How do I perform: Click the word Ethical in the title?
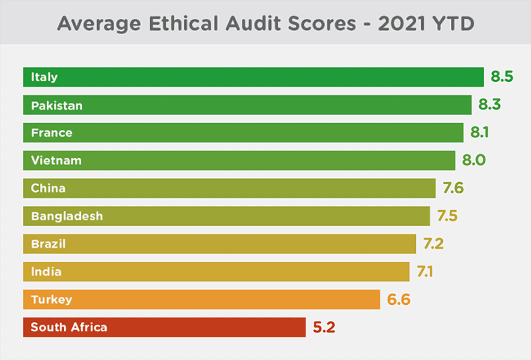(x=184, y=24)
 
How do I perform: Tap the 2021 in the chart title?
(x=402, y=24)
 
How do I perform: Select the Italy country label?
(x=45, y=77)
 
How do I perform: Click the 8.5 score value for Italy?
(x=502, y=76)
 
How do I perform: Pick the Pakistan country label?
(x=57, y=105)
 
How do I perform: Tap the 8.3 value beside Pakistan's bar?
(x=490, y=104)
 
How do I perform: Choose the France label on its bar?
(x=52, y=133)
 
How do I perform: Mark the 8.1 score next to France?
(x=479, y=132)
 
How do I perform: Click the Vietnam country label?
(x=56, y=160)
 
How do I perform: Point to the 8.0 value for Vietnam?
(x=474, y=160)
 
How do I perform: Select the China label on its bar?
(x=48, y=188)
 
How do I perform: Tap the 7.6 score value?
(x=453, y=187)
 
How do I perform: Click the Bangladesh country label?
(x=67, y=216)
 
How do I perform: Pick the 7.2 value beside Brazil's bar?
(x=433, y=244)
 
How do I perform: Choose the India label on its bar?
(x=46, y=272)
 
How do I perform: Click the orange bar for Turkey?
(x=201, y=299)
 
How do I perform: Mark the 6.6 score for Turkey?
(x=399, y=299)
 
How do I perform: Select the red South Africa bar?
(x=164, y=327)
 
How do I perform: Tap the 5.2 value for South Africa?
(x=324, y=327)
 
